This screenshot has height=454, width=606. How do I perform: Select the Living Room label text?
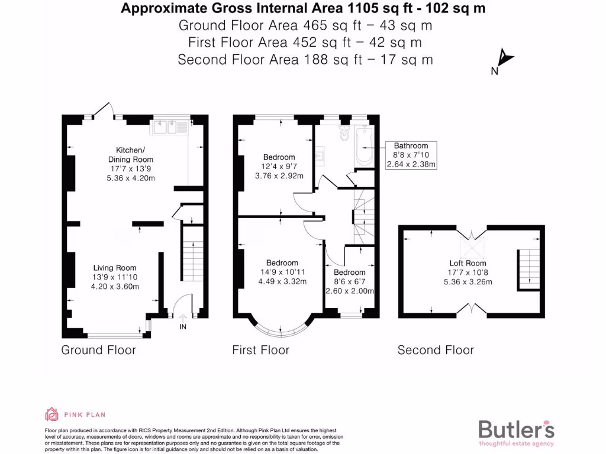click(x=114, y=268)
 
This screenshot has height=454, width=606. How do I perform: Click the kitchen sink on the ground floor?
click(x=170, y=126)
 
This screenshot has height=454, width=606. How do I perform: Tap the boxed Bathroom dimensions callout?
click(x=411, y=155)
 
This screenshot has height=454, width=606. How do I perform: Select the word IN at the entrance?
click(x=183, y=326)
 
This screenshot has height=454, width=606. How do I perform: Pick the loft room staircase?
click(x=528, y=270)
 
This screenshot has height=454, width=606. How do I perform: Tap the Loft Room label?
click(x=468, y=263)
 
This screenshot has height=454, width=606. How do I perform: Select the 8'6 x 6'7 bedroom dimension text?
click(x=349, y=281)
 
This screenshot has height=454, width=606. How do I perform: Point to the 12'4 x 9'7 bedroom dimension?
click(x=279, y=167)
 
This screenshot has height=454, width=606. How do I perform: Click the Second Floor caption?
click(x=436, y=350)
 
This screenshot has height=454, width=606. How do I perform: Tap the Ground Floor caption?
click(x=98, y=350)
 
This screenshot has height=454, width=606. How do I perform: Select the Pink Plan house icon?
click(x=51, y=414)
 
